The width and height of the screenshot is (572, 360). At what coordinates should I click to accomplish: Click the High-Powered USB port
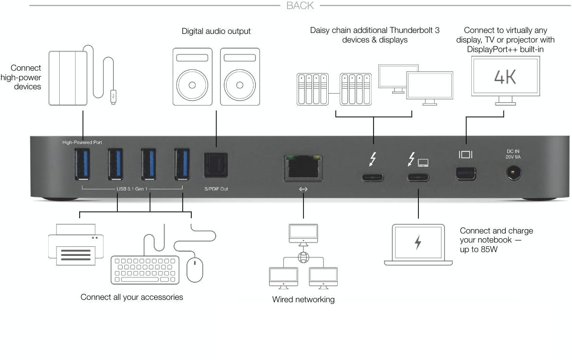(83, 164)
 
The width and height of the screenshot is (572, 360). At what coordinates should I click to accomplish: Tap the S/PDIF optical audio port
(217, 165)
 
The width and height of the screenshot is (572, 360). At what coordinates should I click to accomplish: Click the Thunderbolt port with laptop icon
(418, 178)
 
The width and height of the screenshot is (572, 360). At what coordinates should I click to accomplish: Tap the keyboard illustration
(145, 270)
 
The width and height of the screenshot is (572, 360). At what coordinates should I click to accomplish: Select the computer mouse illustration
(195, 269)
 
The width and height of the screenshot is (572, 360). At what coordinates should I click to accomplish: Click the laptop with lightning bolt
(418, 244)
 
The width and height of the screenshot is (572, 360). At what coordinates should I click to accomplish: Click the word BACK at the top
(300, 6)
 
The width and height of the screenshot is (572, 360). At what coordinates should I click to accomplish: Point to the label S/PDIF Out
(216, 189)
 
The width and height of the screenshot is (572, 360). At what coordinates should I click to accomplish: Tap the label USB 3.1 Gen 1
(133, 189)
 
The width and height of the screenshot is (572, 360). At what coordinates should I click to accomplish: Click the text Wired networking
(303, 299)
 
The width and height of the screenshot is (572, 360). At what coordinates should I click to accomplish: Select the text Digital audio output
(216, 32)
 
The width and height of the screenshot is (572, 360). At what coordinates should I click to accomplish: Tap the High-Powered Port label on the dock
(82, 142)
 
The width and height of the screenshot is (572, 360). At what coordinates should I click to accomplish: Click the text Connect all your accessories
(132, 297)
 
